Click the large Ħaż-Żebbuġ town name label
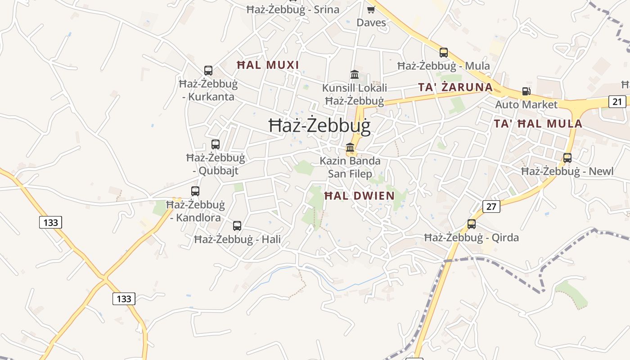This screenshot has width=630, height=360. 319,126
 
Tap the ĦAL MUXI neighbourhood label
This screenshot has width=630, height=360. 268,65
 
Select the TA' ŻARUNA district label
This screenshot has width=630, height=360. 455,87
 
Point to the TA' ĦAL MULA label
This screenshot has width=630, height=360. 538,124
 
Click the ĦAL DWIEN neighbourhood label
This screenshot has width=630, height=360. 359,196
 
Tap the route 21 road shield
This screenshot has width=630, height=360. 617,102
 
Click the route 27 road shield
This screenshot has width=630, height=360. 491,207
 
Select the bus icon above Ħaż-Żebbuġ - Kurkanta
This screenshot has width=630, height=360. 208,71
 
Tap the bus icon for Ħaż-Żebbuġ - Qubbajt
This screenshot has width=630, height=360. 216,144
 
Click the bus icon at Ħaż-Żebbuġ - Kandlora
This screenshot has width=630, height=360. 195,191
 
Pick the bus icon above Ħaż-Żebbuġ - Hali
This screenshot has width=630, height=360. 237,226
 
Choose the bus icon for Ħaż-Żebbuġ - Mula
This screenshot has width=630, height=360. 444,53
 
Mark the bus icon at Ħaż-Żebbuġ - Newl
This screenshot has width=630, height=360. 567,158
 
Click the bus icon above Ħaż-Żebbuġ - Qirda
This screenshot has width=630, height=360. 472,224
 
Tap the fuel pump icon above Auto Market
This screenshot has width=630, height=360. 526,91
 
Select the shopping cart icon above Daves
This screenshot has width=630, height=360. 371,9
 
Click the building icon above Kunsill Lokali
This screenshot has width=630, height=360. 355,74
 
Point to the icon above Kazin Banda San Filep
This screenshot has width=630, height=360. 350,147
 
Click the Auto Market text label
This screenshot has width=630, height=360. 526,105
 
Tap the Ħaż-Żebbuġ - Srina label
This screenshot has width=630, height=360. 293,9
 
